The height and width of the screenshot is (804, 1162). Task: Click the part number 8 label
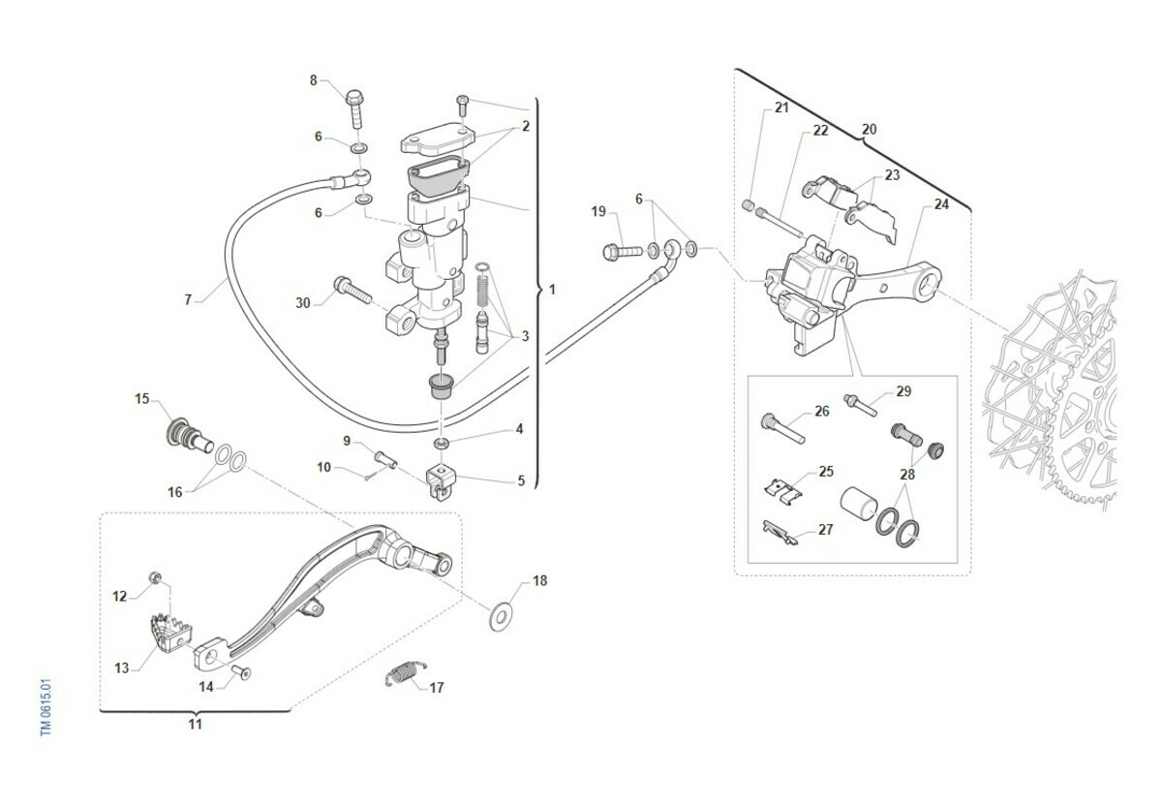(x=313, y=80)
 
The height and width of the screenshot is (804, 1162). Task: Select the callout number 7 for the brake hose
(x=188, y=299)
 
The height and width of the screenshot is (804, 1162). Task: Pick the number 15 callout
(x=141, y=399)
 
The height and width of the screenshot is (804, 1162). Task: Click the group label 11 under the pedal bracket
(x=195, y=724)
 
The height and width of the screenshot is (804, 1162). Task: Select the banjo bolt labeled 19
(x=621, y=252)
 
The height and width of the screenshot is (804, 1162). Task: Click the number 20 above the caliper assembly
(x=869, y=129)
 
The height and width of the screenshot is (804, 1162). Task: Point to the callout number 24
(x=941, y=204)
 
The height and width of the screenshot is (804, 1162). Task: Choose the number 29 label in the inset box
(x=903, y=391)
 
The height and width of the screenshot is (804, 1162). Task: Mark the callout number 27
(x=825, y=530)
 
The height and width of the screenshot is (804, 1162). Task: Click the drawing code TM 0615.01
(x=46, y=706)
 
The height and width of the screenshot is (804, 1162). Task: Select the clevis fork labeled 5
(x=442, y=481)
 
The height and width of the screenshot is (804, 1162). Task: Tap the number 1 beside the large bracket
(x=552, y=289)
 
